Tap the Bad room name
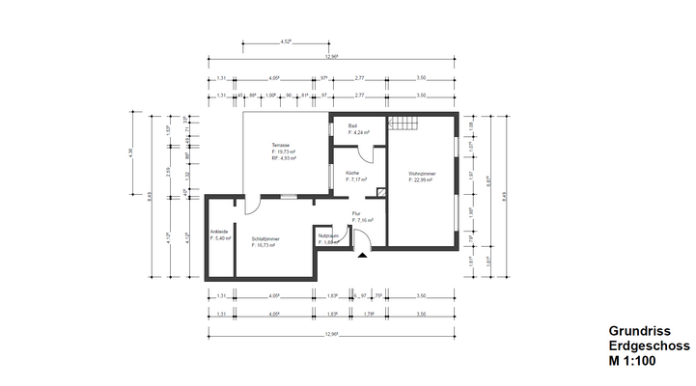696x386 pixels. (353, 126)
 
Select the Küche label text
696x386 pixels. (351, 173)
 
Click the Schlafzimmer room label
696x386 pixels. (265, 238)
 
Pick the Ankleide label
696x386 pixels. (219, 232)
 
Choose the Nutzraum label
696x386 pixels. (328, 235)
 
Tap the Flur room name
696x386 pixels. (355, 214)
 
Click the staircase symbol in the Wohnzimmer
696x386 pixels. (404, 124)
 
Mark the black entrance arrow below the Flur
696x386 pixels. (361, 256)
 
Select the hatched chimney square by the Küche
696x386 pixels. (382, 193)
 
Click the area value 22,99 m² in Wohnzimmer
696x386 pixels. (426, 180)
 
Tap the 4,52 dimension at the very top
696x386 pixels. (286, 42)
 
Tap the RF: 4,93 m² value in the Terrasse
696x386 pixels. (284, 158)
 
